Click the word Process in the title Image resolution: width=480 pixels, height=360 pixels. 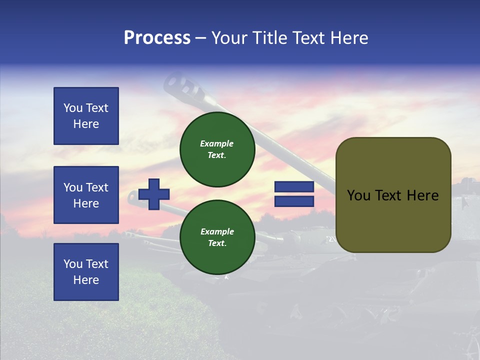(157, 38)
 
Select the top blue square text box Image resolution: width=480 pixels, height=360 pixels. (86, 116)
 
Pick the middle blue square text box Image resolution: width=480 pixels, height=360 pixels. (86, 195)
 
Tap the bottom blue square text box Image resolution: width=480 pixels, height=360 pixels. (86, 272)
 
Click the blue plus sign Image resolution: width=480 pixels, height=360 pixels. (154, 194)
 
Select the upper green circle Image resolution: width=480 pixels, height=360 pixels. (217, 149)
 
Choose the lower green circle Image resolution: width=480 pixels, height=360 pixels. (217, 237)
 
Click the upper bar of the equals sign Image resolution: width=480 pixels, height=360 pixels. (294, 187)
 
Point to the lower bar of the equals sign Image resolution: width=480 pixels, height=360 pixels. (294, 201)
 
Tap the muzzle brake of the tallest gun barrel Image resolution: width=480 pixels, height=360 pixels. (182, 85)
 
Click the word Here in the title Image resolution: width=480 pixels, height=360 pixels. (350, 38)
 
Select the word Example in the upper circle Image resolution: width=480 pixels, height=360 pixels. (216, 143)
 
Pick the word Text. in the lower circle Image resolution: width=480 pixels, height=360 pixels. (216, 243)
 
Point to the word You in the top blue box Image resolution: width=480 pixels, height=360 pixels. (72, 108)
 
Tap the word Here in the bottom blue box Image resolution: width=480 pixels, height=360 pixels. (86, 280)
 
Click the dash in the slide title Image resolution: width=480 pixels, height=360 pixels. (201, 38)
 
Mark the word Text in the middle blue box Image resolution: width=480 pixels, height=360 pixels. (96, 187)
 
